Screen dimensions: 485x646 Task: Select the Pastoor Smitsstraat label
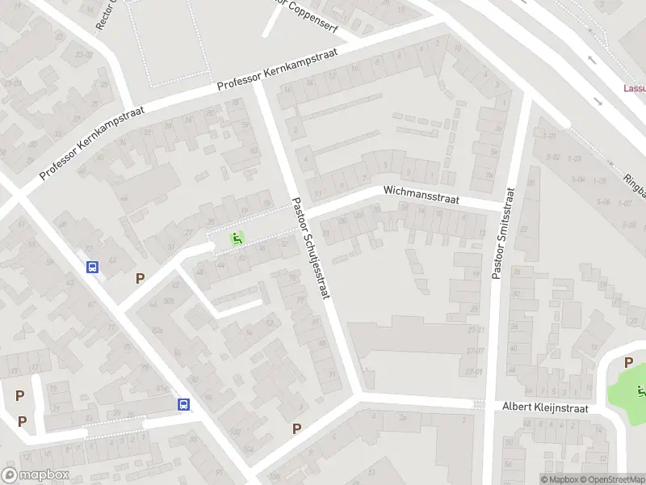coord(501,234)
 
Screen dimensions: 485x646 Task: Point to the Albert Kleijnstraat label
coord(545,407)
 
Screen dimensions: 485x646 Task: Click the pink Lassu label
coord(634,88)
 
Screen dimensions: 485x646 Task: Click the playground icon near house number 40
coord(237,238)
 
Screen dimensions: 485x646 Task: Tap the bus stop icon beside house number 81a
coord(184,404)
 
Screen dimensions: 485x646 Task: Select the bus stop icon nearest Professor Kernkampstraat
coord(94,267)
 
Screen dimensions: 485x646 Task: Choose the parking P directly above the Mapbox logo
coord(22,421)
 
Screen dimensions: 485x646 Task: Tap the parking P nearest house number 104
coord(296,429)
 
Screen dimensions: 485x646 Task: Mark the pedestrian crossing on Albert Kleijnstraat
coord(479,403)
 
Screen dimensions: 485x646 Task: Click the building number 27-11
coord(475,330)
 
